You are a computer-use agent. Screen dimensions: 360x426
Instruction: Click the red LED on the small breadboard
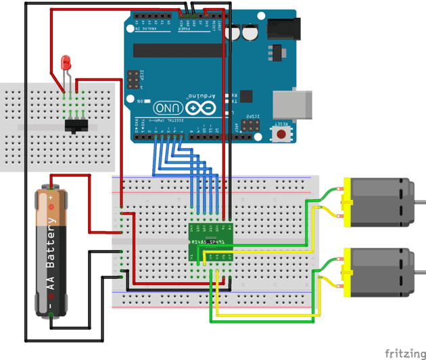click(66, 63)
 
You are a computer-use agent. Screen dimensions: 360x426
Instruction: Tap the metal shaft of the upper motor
click(420, 202)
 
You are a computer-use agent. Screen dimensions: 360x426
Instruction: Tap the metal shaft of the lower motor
click(420, 274)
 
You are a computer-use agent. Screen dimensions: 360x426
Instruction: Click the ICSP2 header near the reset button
click(252, 124)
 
